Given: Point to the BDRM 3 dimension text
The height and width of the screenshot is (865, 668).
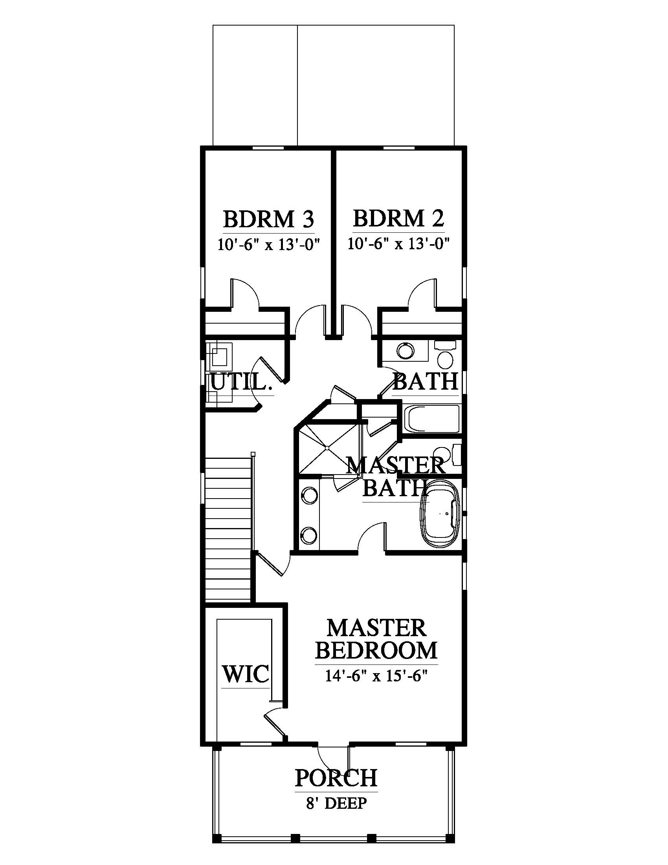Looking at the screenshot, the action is point(268,244).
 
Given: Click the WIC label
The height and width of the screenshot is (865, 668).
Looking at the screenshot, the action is point(246,674).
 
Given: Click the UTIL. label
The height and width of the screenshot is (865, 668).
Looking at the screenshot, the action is point(241,382).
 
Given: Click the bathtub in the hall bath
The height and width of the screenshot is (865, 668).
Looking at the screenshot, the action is point(432,419).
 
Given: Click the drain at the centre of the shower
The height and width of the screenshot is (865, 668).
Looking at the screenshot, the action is point(328,448).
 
